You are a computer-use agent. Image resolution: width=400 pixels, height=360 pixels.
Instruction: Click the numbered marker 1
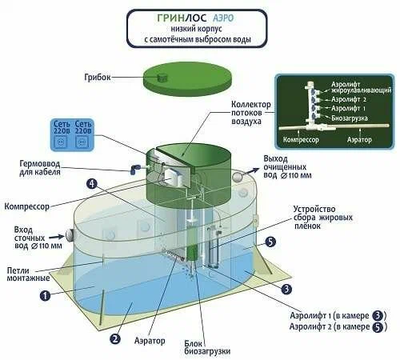(45, 295)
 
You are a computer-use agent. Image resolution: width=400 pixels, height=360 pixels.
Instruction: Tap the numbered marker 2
(115, 338)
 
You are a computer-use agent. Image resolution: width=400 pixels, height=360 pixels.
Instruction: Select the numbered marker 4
(92, 184)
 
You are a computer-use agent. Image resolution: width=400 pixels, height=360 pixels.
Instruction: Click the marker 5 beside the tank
(270, 242)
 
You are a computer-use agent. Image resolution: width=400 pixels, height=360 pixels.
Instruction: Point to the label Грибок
(97, 78)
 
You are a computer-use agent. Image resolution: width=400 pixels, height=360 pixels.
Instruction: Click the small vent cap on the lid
(162, 78)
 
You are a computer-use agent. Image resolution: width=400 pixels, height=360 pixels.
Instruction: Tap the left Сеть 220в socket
(62, 142)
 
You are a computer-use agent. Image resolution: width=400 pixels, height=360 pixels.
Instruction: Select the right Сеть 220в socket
(82, 142)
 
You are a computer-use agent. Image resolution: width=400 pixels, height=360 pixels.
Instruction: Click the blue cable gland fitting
(134, 169)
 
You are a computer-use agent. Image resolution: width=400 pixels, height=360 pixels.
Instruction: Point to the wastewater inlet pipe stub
(69, 234)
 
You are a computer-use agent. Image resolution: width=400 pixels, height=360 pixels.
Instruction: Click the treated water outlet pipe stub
(237, 177)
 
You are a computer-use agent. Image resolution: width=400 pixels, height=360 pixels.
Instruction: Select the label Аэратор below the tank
(150, 341)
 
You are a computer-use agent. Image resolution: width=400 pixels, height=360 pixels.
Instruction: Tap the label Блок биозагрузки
(207, 347)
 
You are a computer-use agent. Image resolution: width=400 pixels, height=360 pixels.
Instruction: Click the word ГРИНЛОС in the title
(182, 18)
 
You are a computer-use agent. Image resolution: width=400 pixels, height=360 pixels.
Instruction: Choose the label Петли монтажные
(28, 274)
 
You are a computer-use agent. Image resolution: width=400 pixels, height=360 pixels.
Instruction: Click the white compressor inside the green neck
(174, 177)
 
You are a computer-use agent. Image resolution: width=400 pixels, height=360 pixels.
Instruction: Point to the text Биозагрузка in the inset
(350, 118)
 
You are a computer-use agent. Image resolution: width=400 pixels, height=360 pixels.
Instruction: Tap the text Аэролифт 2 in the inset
(349, 99)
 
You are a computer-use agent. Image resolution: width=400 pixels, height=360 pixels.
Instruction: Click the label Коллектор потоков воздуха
(250, 113)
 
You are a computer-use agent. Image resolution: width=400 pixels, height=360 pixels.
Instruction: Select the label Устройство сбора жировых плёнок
(323, 218)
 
